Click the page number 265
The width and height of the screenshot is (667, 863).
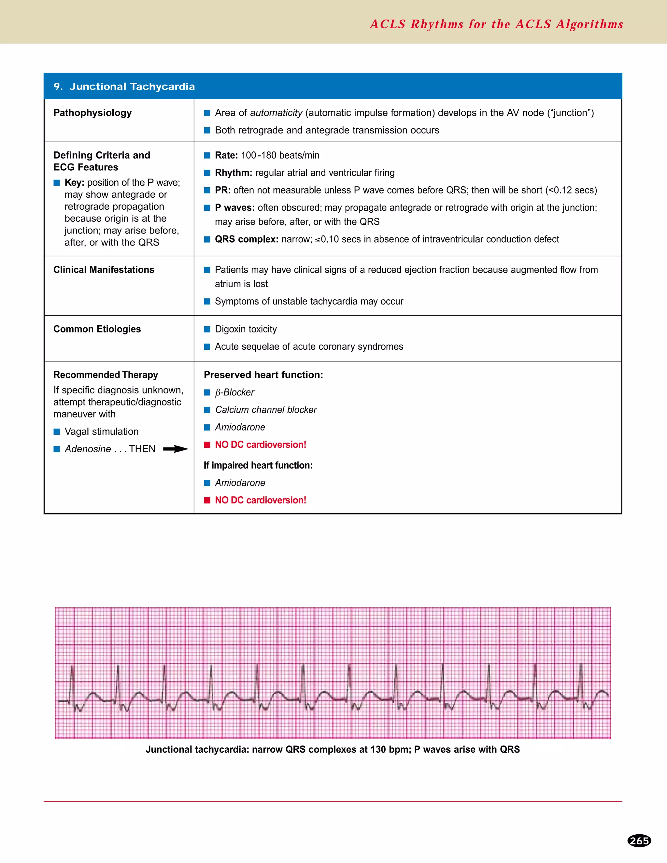click(x=639, y=841)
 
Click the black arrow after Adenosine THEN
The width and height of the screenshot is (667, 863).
click(x=176, y=449)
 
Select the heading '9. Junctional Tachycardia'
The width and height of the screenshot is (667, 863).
click(x=124, y=87)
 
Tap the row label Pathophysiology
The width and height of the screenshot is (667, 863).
click(x=92, y=113)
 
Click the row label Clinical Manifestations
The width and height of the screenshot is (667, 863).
click(x=104, y=270)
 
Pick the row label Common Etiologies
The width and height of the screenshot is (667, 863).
click(x=97, y=329)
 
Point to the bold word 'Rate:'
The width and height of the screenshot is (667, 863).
click(x=226, y=155)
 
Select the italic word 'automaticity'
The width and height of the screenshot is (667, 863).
click(x=276, y=113)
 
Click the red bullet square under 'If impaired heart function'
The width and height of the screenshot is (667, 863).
click(x=207, y=500)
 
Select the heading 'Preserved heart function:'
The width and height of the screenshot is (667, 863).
click(x=263, y=375)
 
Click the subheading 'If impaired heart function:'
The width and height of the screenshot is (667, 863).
click(x=258, y=465)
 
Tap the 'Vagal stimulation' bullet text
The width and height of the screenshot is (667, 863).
click(x=102, y=431)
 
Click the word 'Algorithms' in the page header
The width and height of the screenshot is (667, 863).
click(x=589, y=24)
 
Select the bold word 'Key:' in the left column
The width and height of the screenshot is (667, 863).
click(x=74, y=183)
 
